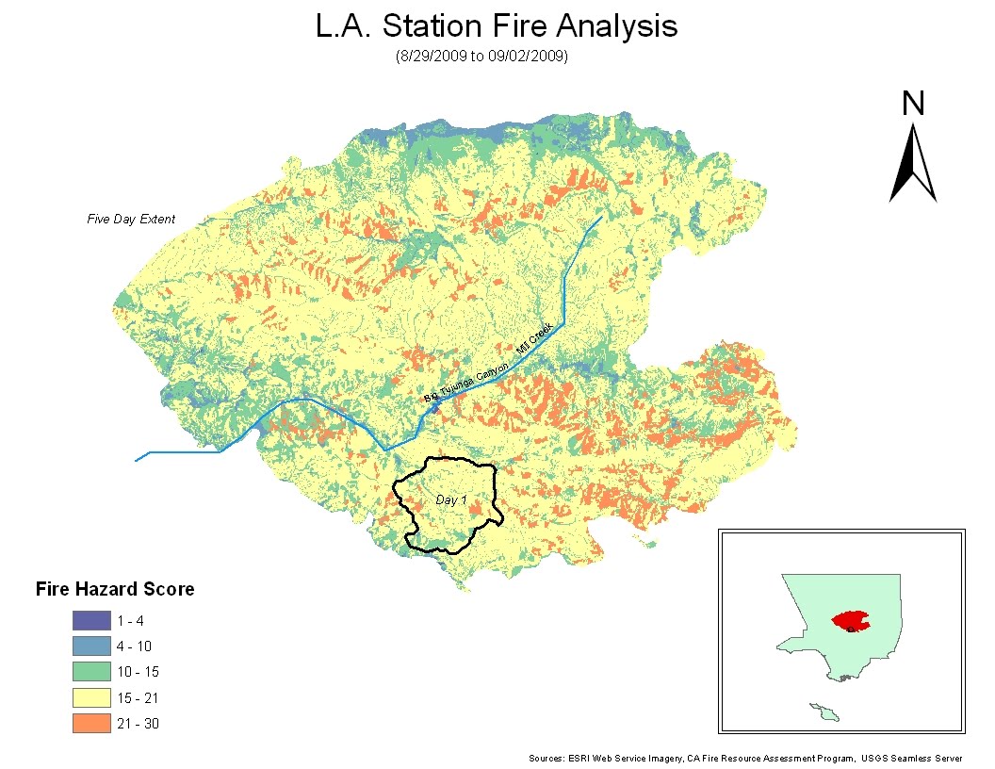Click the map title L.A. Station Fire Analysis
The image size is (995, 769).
tap(497, 26)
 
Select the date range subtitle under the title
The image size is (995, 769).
tap(481, 57)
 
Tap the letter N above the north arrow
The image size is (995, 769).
tap(912, 103)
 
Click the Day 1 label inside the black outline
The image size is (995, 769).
tap(451, 499)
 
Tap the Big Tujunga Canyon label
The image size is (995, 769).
tap(466, 384)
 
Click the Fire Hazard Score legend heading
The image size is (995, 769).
tap(115, 590)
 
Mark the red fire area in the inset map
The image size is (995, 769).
tap(850, 621)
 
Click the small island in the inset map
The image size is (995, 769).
tap(826, 712)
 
